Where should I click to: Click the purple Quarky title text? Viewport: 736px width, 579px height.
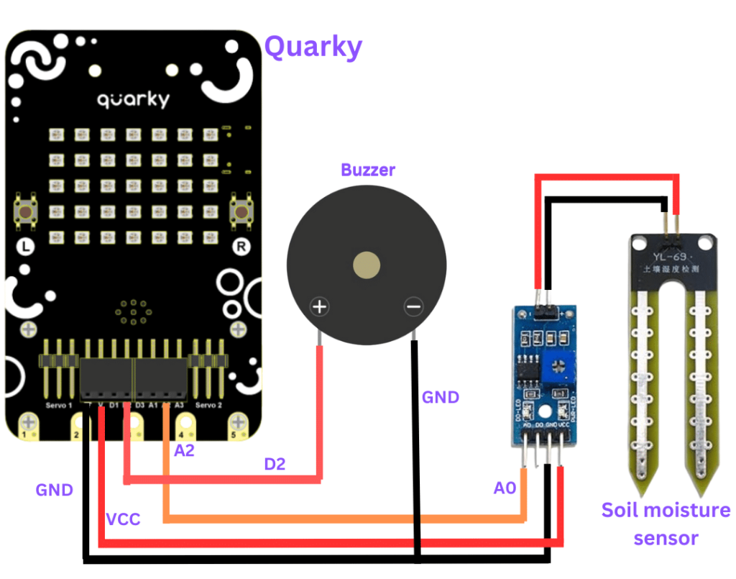click(x=313, y=47)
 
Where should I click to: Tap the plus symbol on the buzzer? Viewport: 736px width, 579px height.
click(x=320, y=308)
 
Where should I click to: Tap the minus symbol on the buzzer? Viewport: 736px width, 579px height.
click(x=413, y=308)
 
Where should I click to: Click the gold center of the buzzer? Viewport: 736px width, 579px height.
click(x=367, y=266)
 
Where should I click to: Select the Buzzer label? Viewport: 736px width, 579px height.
click(x=368, y=170)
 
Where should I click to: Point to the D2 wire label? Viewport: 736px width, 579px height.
click(x=275, y=464)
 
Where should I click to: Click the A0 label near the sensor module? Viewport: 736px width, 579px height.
click(x=505, y=488)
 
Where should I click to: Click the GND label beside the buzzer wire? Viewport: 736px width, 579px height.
click(x=440, y=397)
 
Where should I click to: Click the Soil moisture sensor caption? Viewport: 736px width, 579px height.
click(x=666, y=524)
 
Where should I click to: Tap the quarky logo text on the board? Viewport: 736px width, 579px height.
click(x=133, y=99)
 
